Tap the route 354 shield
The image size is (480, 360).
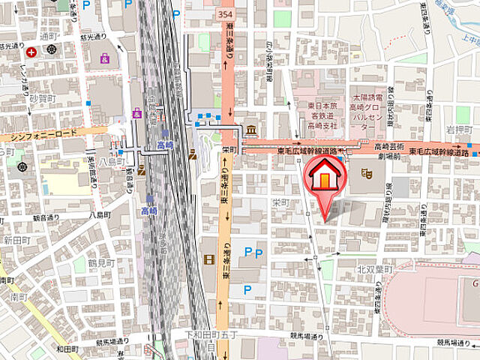(226, 14)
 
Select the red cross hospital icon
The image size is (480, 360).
(31, 52)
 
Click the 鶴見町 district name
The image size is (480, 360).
(99, 263)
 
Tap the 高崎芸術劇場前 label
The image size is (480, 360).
(390, 151)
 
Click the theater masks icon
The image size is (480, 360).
(367, 173)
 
